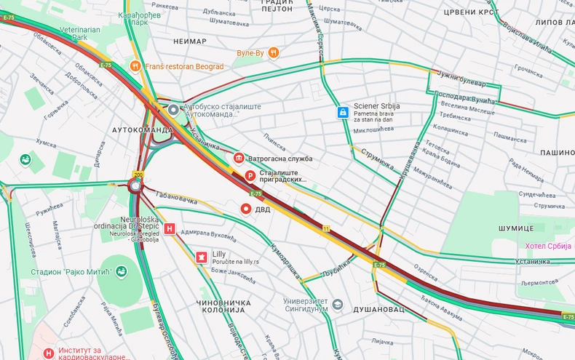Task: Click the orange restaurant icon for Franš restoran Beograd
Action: coord(135,66)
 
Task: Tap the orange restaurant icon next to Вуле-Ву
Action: coord(274,52)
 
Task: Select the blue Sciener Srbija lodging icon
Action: coord(342,112)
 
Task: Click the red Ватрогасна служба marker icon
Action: coord(238,158)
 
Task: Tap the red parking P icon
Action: coord(249,175)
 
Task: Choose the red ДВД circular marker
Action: coord(246,209)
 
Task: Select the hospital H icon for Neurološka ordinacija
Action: coord(170,229)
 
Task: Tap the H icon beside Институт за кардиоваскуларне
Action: coord(49,353)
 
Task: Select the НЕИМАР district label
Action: coord(191,41)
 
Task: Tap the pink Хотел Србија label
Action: coord(550,246)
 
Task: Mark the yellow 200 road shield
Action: coord(138,175)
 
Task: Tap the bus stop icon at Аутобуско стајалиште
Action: coord(173,110)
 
